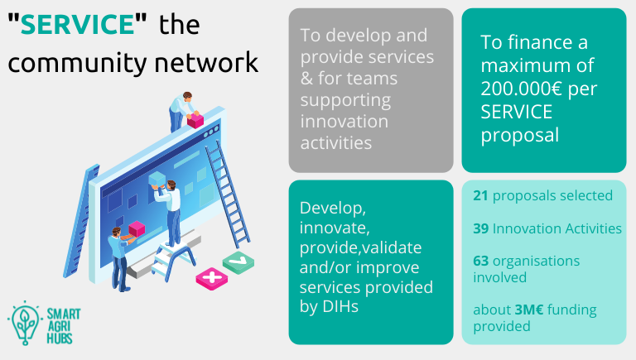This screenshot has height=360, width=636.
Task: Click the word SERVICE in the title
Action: (x=77, y=24)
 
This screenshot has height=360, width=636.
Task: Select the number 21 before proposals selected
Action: (x=480, y=195)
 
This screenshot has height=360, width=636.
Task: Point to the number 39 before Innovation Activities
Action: (x=480, y=228)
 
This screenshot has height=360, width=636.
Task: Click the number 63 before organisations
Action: (x=480, y=261)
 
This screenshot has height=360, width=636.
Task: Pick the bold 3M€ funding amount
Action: (x=529, y=310)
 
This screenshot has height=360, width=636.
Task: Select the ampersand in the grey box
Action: (x=306, y=79)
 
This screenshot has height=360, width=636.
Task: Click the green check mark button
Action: (x=238, y=262)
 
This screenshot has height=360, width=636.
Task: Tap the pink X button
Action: (x=212, y=279)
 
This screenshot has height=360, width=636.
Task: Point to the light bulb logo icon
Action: (x=25, y=323)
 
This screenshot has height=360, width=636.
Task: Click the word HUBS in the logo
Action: (x=60, y=338)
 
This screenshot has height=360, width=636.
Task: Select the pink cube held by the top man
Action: (x=195, y=120)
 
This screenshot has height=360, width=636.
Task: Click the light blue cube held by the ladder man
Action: (x=157, y=180)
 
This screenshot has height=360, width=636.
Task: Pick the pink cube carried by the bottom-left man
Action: (x=137, y=229)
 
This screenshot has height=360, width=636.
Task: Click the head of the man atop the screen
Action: (x=187, y=97)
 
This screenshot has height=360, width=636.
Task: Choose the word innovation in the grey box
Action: (x=344, y=122)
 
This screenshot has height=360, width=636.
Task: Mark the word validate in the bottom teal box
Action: (x=391, y=247)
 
